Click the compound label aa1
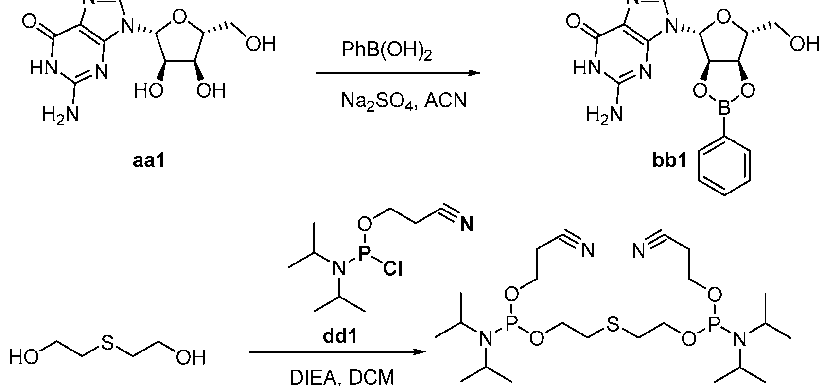coord(149,161)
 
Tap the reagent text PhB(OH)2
coord(387,51)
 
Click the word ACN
coord(445,100)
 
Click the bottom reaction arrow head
coord(420,352)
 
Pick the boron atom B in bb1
coord(724,109)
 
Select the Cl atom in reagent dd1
coord(392,269)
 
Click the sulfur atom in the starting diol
coord(107,342)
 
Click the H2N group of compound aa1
coord(61,114)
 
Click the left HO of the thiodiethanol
coord(23,356)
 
